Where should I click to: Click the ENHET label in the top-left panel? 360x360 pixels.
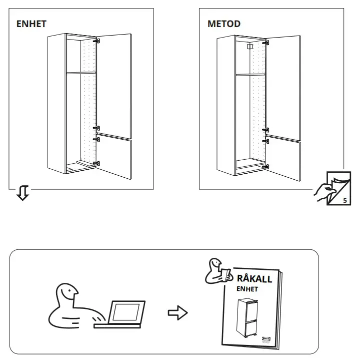click(31, 24)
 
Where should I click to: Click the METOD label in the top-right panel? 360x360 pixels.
click(223, 24)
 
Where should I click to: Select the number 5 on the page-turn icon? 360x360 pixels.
click(344, 200)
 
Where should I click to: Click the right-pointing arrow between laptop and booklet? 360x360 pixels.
click(177, 313)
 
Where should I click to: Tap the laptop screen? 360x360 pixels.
click(126, 312)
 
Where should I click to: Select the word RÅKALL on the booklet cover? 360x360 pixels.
click(254, 279)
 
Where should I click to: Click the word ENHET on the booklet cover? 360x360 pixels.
click(248, 289)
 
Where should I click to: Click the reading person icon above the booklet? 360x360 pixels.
click(216, 271)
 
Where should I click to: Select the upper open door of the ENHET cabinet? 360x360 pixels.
click(115, 83)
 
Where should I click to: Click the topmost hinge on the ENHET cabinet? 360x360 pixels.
click(98, 41)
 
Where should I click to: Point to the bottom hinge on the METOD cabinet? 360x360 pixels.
click(267, 166)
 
